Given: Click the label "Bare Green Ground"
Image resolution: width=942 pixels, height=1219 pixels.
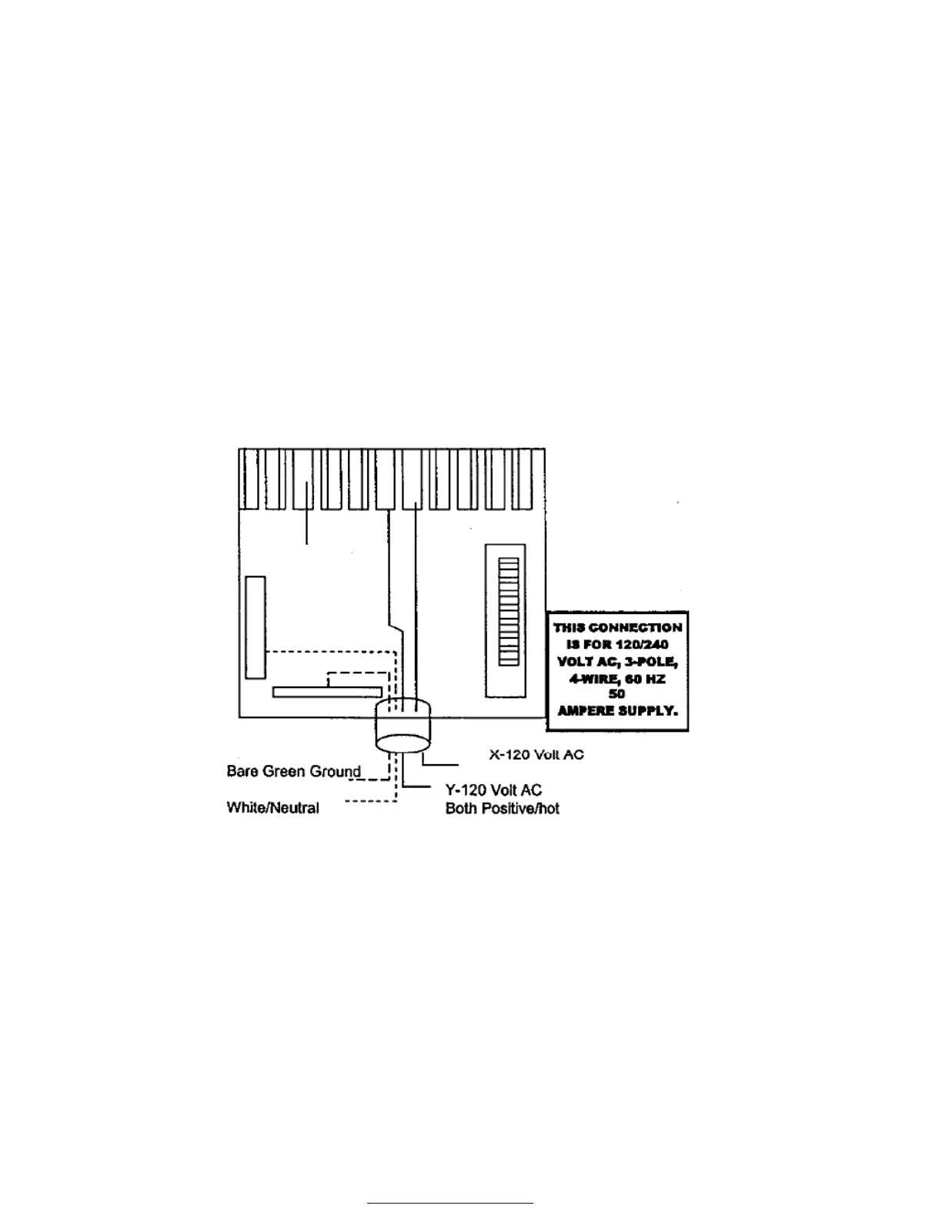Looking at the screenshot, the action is (x=293, y=771).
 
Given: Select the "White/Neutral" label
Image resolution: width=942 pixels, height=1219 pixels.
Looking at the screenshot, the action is (x=272, y=807).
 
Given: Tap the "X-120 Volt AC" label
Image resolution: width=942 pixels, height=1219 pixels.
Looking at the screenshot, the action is (x=536, y=754).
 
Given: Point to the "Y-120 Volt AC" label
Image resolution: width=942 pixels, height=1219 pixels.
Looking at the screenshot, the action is (x=493, y=790).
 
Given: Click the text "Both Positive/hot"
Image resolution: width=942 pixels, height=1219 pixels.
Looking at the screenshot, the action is (x=502, y=808).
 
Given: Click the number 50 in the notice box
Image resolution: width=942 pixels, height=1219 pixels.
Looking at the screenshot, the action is (x=616, y=694).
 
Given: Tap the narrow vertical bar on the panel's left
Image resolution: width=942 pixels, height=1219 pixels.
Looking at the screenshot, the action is (x=256, y=627).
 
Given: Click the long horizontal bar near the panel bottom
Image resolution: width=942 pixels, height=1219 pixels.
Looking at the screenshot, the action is (x=327, y=692).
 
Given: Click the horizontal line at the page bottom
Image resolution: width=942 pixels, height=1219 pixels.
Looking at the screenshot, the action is (x=450, y=1202).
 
